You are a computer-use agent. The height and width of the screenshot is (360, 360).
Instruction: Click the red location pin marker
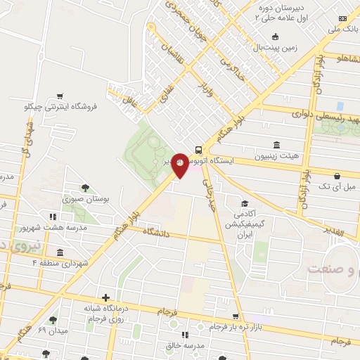point(180,165)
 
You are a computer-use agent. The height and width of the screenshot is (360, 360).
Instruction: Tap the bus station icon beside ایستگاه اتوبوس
point(199,149)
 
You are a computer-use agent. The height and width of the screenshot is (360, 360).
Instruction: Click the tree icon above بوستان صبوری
point(85,188)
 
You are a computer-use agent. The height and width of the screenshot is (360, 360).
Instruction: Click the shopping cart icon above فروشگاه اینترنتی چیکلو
point(60,96)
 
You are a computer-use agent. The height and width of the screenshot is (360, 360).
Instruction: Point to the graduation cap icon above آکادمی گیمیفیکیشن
point(244,203)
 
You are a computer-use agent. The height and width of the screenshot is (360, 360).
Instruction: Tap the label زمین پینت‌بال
point(276,49)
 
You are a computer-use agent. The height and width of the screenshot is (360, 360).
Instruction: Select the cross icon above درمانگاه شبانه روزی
point(105,297)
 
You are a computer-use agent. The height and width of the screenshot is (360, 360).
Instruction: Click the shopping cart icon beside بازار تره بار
point(235,316)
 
